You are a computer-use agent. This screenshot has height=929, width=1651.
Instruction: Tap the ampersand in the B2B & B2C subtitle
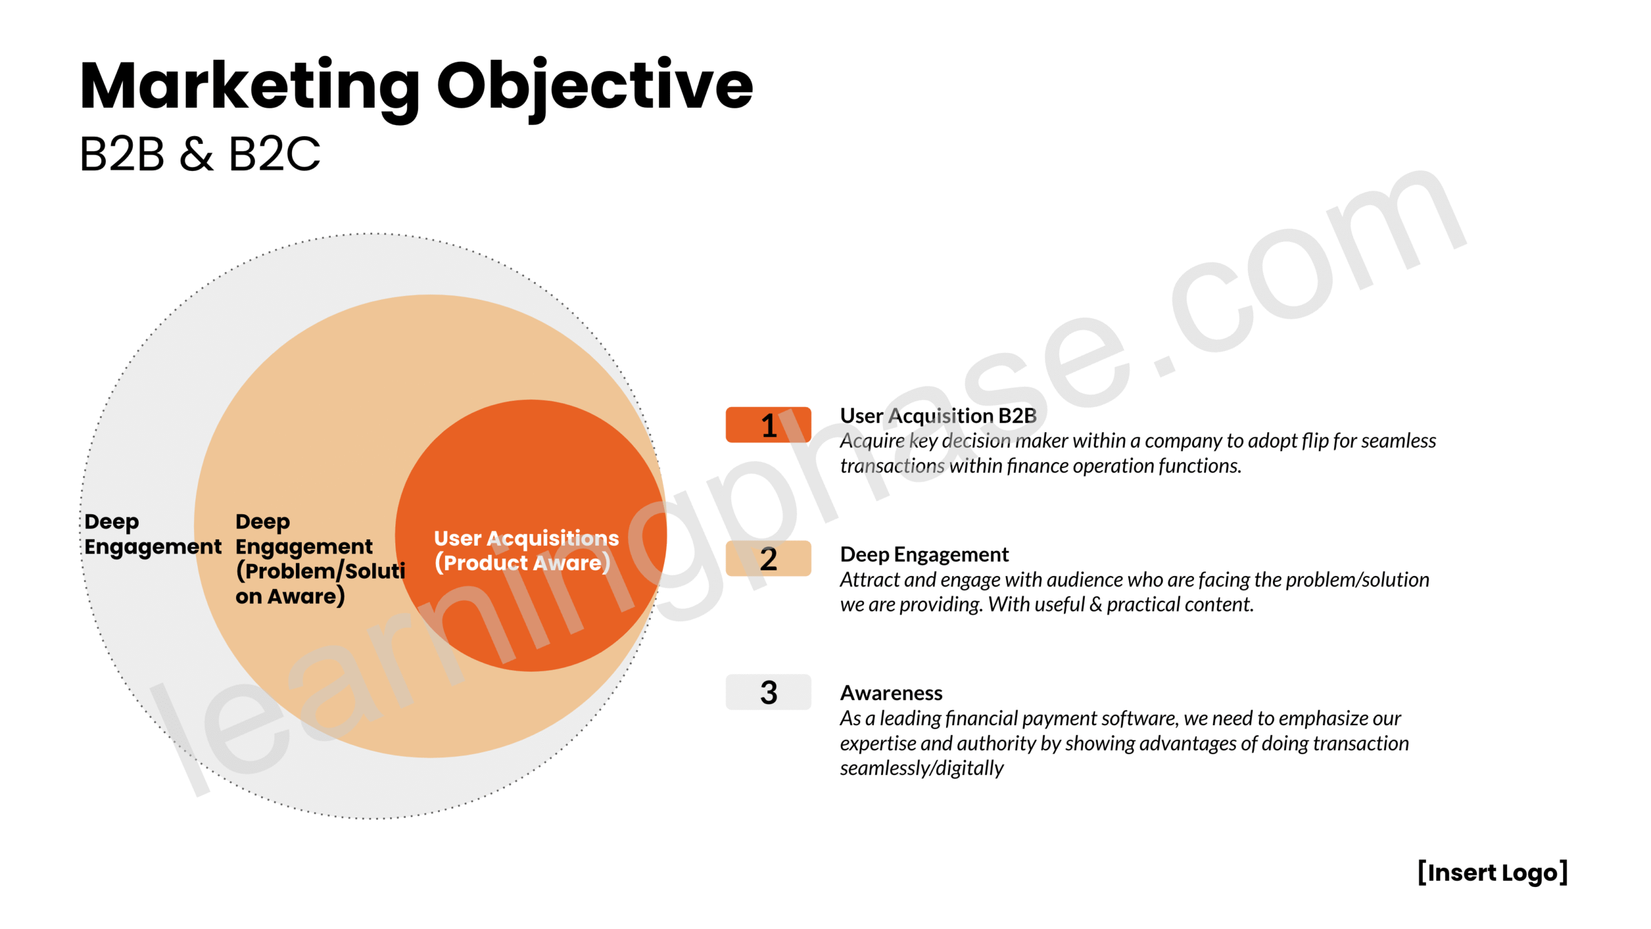pyautogui.click(x=197, y=154)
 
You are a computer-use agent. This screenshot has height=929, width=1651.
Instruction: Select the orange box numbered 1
pyautogui.click(x=768, y=425)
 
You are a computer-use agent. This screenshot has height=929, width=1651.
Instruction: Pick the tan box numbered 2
pyautogui.click(x=768, y=559)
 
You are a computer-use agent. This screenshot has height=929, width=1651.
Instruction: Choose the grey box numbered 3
pyautogui.click(x=768, y=692)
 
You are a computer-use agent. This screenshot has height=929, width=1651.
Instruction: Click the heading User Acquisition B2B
pyautogui.click(x=938, y=416)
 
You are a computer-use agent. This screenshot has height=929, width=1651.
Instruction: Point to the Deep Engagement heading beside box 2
pyautogui.click(x=924, y=555)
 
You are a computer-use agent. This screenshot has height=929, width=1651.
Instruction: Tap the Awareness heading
pyautogui.click(x=891, y=693)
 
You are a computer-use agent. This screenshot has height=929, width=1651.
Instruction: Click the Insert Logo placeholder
pyautogui.click(x=1492, y=873)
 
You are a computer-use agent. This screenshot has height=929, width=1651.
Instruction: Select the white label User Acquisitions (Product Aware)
pyautogui.click(x=526, y=550)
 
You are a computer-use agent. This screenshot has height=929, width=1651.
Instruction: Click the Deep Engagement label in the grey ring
pyautogui.click(x=152, y=534)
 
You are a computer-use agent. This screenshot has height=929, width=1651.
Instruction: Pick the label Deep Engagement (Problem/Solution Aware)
pyautogui.click(x=320, y=559)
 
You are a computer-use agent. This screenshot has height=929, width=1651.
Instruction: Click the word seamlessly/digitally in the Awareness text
pyautogui.click(x=922, y=768)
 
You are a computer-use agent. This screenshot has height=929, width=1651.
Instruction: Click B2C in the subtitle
pyautogui.click(x=275, y=154)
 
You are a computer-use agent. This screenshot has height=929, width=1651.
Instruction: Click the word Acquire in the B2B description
pyautogui.click(x=872, y=441)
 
